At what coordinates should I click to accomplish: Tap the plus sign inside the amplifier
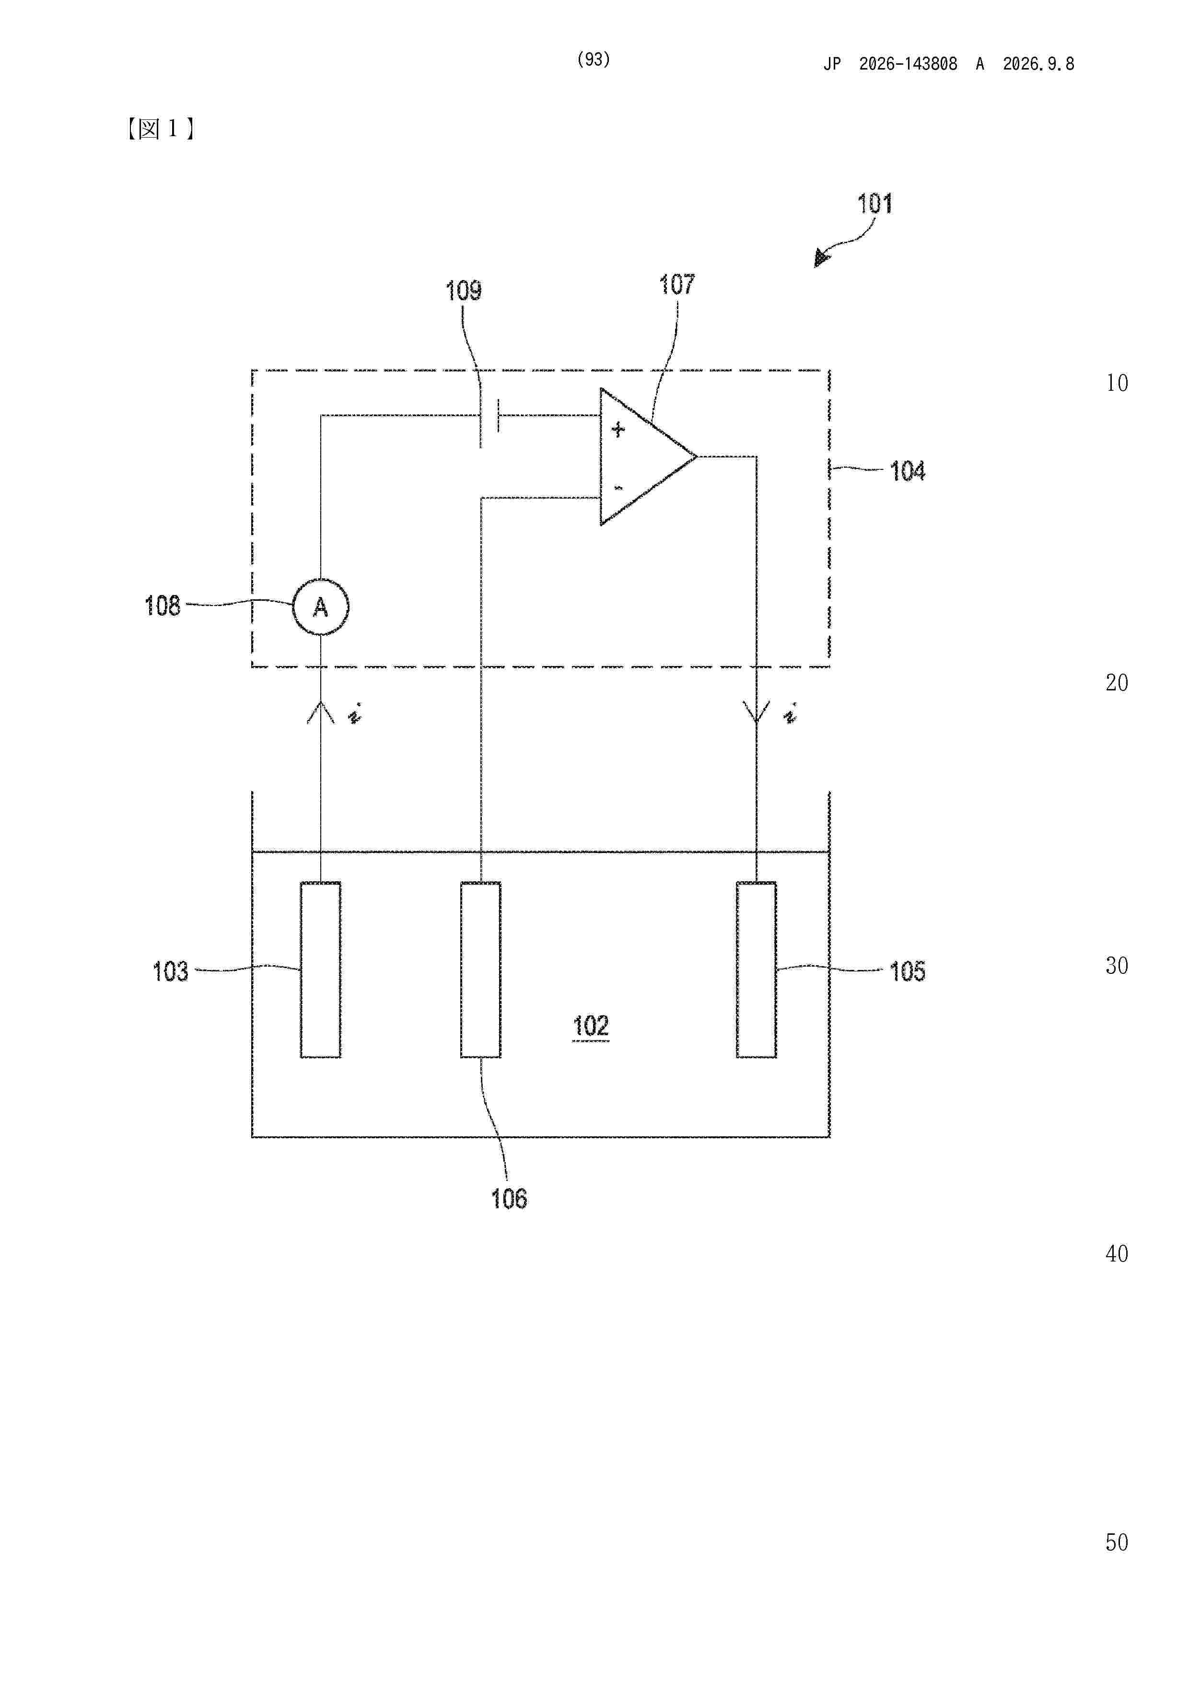618,429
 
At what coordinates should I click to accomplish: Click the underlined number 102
591,1026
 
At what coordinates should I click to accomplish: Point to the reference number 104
907,471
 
